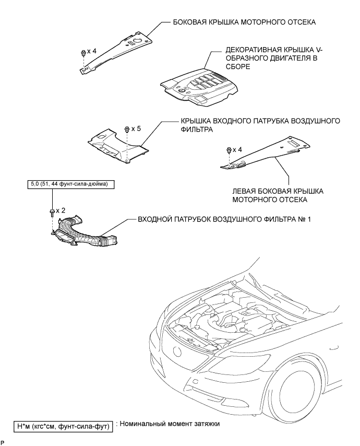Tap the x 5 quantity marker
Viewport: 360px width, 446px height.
coord(136,128)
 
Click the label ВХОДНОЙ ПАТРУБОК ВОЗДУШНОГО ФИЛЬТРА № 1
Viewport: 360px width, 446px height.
coord(224,220)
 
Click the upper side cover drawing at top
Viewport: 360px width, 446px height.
coord(117,49)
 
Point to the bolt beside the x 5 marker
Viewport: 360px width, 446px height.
coord(127,128)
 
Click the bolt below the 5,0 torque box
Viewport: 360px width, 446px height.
coord(52,211)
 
